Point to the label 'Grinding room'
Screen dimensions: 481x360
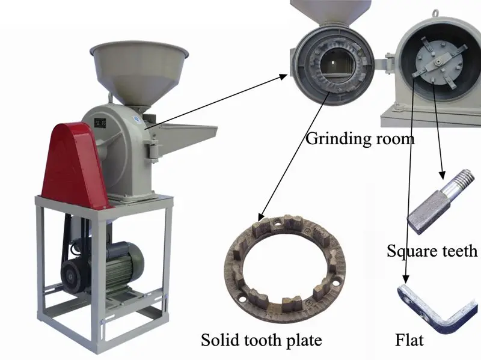[x=360, y=139]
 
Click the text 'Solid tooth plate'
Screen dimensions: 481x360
[x=261, y=340]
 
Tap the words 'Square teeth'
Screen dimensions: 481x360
[x=432, y=250]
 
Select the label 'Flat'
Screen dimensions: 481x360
[x=409, y=340]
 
